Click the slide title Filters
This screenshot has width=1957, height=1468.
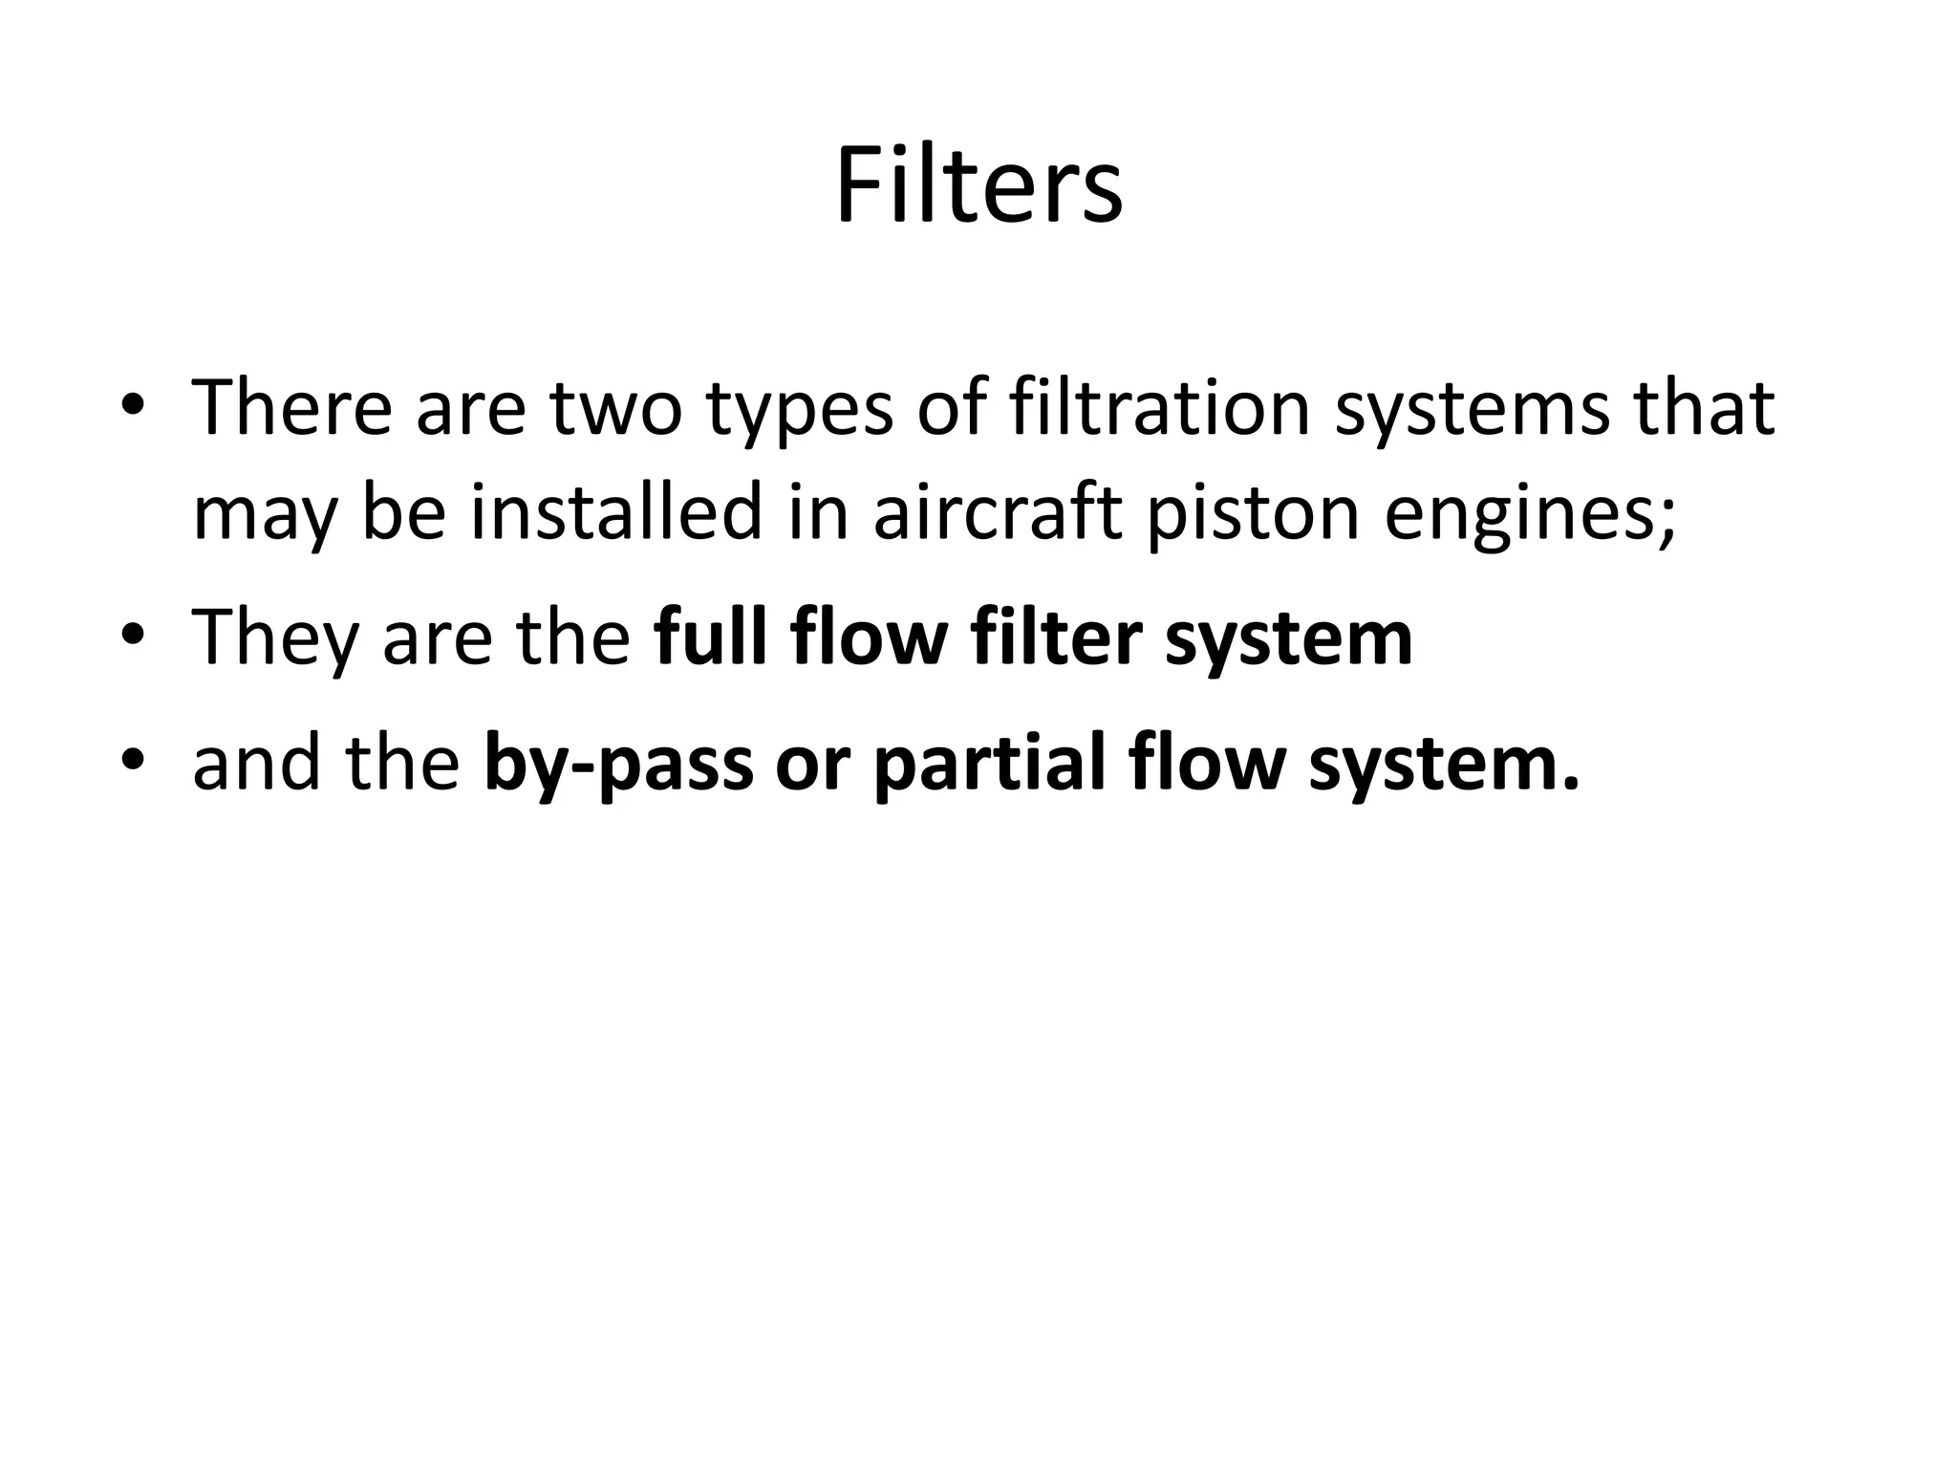[978, 186]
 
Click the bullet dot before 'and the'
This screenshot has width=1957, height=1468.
[133, 764]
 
